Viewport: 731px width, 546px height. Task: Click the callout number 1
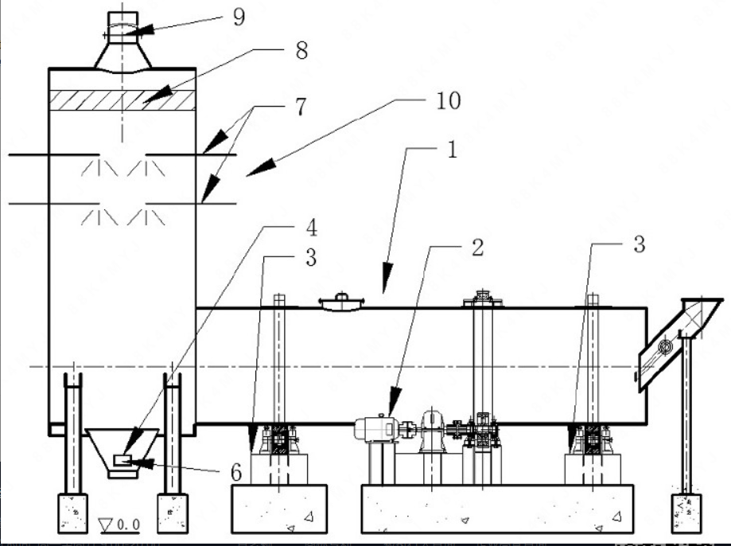(450, 152)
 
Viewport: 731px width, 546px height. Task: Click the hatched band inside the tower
(123, 99)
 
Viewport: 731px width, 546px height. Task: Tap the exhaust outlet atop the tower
(123, 32)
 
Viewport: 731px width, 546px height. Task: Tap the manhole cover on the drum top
(340, 300)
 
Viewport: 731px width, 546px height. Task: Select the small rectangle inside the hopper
(122, 459)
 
